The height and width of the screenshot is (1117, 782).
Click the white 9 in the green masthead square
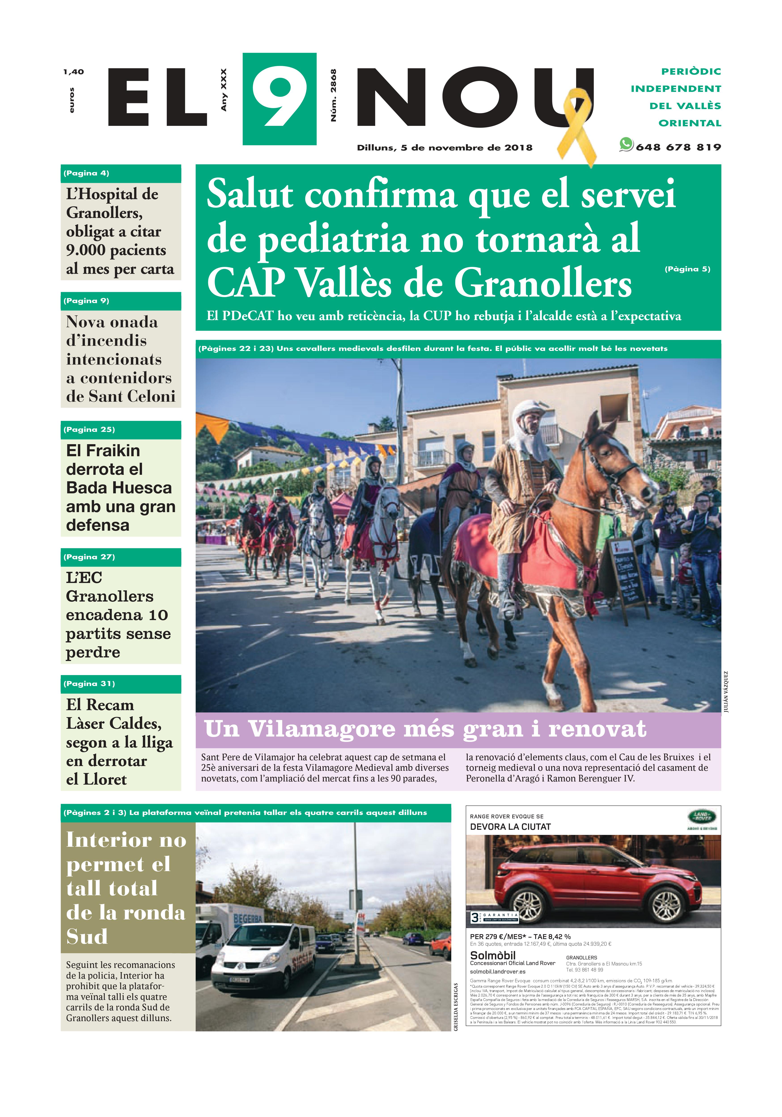coord(279,100)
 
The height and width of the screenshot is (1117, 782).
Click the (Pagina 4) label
coord(86,173)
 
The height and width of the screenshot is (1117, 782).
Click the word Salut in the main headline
coord(250,195)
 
